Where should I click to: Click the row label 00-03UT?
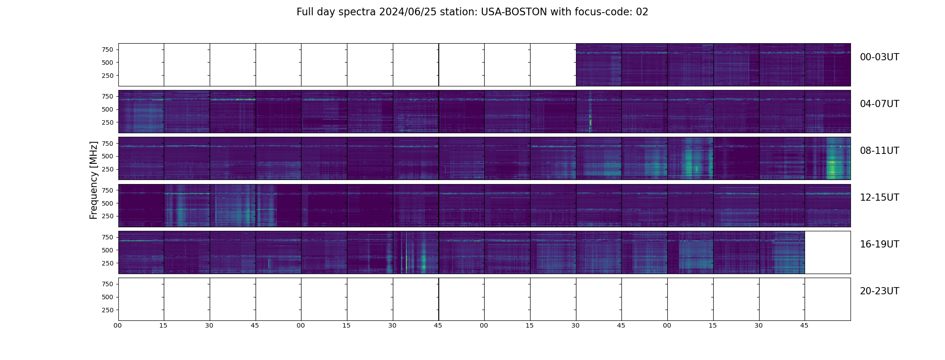point(879,57)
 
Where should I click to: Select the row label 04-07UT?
point(879,104)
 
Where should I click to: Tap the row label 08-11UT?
point(879,151)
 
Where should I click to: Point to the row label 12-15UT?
point(879,198)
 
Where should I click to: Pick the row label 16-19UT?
point(879,244)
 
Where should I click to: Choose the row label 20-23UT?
point(879,291)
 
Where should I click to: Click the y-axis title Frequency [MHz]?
point(94,180)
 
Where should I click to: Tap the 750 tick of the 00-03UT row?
point(107,49)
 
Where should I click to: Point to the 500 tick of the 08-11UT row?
point(107,156)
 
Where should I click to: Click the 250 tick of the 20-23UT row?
point(107,310)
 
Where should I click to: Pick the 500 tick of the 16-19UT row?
point(107,250)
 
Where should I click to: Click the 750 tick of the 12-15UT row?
point(107,190)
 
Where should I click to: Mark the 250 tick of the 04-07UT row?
point(107,122)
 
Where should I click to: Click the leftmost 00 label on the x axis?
point(118,325)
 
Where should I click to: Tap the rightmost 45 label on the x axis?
point(804,325)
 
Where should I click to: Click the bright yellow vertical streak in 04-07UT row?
point(590,122)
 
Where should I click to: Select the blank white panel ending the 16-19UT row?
point(827,252)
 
